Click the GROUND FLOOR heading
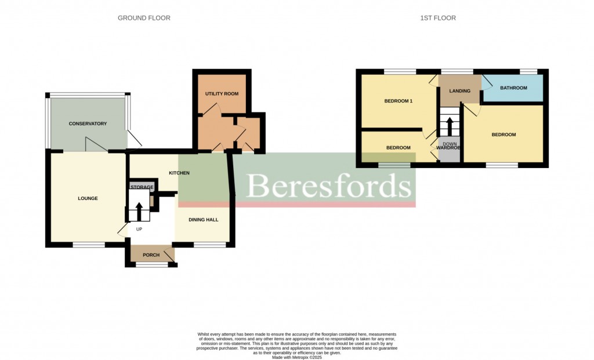144,18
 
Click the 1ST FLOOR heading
438,18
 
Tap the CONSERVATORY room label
88,123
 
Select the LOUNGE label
88,198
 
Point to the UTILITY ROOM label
222,94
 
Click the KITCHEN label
179,173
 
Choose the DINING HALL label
204,220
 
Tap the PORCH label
151,255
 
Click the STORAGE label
142,187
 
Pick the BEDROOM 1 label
399,101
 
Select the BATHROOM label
513,88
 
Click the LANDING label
459,91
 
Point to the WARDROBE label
448,148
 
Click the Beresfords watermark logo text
329,186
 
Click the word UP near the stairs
139,229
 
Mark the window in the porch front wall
152,265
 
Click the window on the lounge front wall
89,245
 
